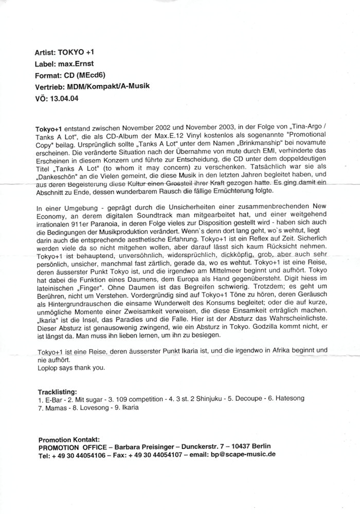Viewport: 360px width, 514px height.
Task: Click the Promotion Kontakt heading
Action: pos(69,439)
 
